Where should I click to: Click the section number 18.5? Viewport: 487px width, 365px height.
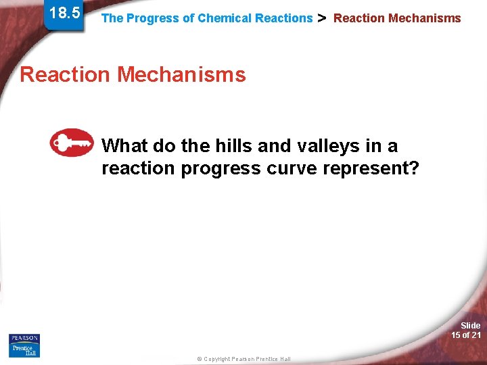coord(64,13)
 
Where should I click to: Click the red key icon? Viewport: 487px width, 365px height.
coord(72,142)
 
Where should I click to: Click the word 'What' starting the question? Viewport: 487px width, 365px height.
coord(124,146)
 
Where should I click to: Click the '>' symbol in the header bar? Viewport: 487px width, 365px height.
coord(322,18)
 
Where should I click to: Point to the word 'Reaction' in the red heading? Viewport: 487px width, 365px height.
coord(66,74)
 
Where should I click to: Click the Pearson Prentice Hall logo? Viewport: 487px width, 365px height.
coord(24,345)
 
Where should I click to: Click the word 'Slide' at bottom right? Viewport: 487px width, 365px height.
coord(470,326)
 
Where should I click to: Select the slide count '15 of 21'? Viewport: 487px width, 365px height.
coord(466,335)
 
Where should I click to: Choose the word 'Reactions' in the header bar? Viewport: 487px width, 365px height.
coord(283,18)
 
